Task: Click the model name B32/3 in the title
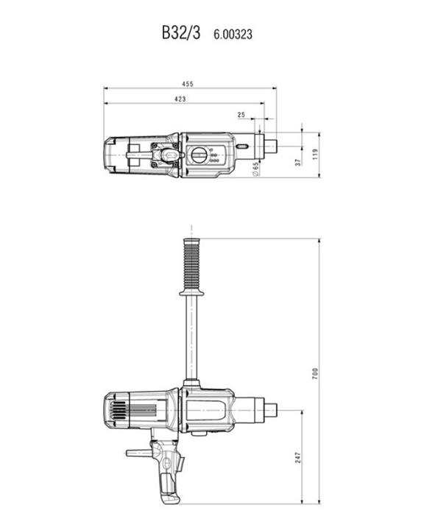click(x=181, y=33)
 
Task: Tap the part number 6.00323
click(x=233, y=35)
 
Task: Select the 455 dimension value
click(x=188, y=84)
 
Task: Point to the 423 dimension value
click(x=180, y=99)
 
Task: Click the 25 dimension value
click(x=241, y=115)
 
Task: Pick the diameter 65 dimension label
click(x=255, y=169)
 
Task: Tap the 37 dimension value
click(x=298, y=163)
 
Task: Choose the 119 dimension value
click(x=316, y=154)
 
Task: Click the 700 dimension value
click(x=315, y=373)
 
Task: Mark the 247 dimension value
click(x=298, y=458)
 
